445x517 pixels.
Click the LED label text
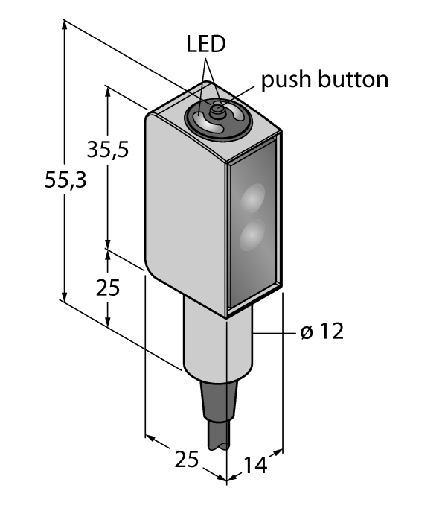click(205, 45)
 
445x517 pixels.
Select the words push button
click(324, 80)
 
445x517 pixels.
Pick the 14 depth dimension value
click(254, 466)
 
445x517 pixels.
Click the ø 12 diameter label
click(322, 332)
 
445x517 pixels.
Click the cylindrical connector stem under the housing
click(216, 339)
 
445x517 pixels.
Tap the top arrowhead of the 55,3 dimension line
click(65, 25)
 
